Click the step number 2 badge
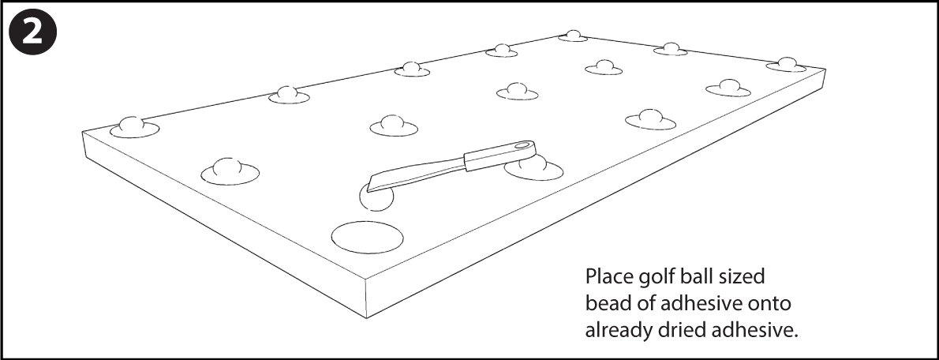coord(33,33)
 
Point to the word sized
coord(743,277)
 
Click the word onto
coord(769,305)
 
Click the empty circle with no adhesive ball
coord(368,237)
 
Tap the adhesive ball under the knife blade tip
coord(377,199)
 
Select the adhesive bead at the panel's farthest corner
coord(573,36)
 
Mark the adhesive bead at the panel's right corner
coord(786,65)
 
